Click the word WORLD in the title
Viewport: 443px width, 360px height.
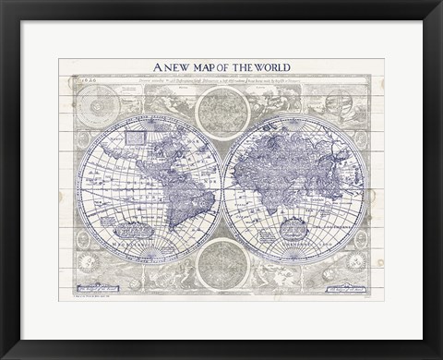(x=268, y=66)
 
